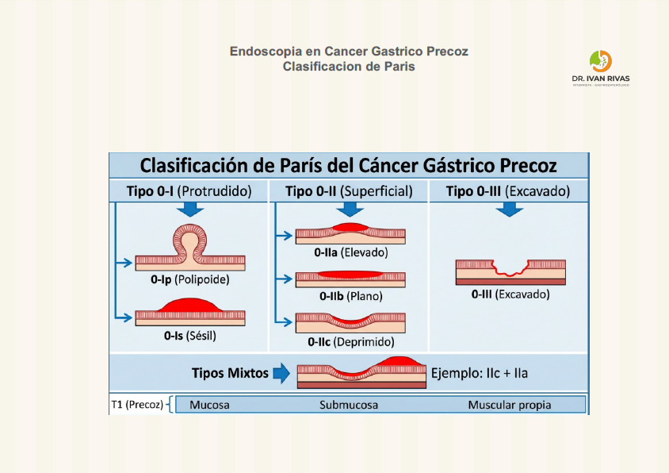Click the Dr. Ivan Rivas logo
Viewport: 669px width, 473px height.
pos(600,67)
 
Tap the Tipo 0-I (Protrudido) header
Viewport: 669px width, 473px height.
pos(189,191)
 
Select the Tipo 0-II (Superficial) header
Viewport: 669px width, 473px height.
pos(349,191)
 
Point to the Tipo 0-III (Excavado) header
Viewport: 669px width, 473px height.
pos(507,191)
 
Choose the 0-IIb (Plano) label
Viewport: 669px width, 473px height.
pos(350,296)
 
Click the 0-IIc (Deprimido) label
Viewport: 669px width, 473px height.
pos(349,342)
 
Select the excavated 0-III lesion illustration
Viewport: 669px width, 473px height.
pos(510,270)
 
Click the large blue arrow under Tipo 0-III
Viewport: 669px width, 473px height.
pos(509,209)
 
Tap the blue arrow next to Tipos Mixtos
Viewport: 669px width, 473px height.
pos(281,373)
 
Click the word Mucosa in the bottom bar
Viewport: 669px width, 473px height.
pos(209,405)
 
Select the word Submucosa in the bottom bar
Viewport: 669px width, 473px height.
pos(349,405)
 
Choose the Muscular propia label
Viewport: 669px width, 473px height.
pos(509,405)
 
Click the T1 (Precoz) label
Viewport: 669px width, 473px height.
pos(137,405)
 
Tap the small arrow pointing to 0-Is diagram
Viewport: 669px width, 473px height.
pos(122,317)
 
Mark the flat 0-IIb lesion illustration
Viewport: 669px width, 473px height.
pos(350,278)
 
